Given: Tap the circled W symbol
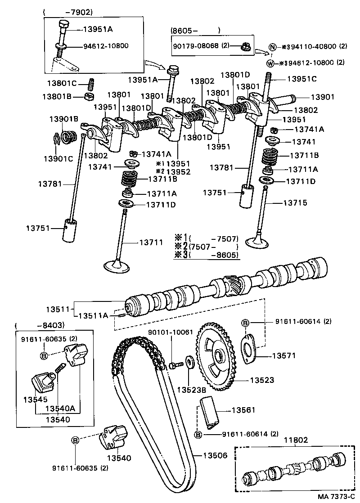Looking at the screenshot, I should pos(270,63).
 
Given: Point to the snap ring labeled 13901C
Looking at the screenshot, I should pos(56,139).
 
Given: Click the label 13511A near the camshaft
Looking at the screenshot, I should pos(94,315).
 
